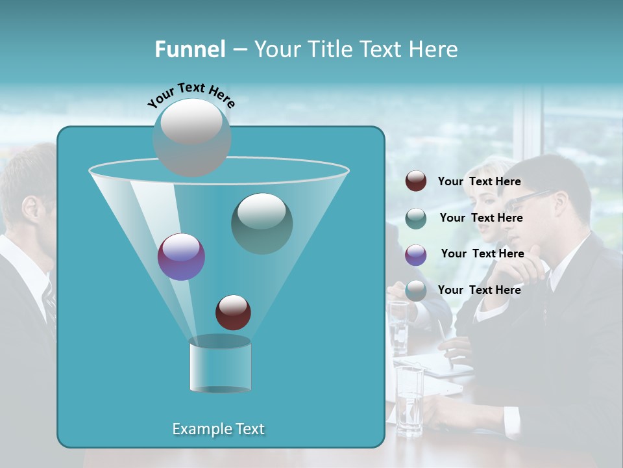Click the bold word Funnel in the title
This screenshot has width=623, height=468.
[189, 49]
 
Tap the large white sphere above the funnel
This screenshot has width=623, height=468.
[191, 136]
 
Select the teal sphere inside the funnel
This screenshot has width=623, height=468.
[262, 223]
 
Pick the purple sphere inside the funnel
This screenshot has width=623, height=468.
[181, 257]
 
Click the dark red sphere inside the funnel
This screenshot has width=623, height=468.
[233, 312]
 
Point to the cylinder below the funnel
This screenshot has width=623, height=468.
[220, 364]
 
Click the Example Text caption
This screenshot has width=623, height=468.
[218, 429]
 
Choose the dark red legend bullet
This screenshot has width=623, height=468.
[416, 181]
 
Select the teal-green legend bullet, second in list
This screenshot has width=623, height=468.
[416, 218]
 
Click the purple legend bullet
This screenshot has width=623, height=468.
[416, 255]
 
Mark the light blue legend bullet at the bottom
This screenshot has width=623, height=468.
[416, 291]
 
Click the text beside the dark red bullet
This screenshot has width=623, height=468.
[479, 182]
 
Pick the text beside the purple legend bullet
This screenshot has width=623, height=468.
[482, 254]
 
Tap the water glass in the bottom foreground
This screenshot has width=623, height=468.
[409, 400]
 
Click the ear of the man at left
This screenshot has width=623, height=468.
[31, 209]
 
